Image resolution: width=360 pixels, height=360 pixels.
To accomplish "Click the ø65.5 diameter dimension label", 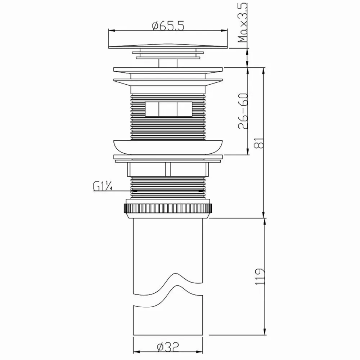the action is tap(168, 26).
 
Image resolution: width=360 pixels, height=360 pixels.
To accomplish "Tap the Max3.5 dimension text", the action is tap(243, 22).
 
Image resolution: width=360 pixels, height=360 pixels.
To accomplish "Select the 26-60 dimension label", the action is tap(243, 111).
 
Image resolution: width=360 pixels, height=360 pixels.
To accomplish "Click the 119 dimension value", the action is tap(260, 276).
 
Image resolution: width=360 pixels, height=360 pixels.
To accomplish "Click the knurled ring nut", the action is tap(168, 208).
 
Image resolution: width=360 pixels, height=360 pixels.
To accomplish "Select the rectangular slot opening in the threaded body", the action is tap(168, 109).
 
